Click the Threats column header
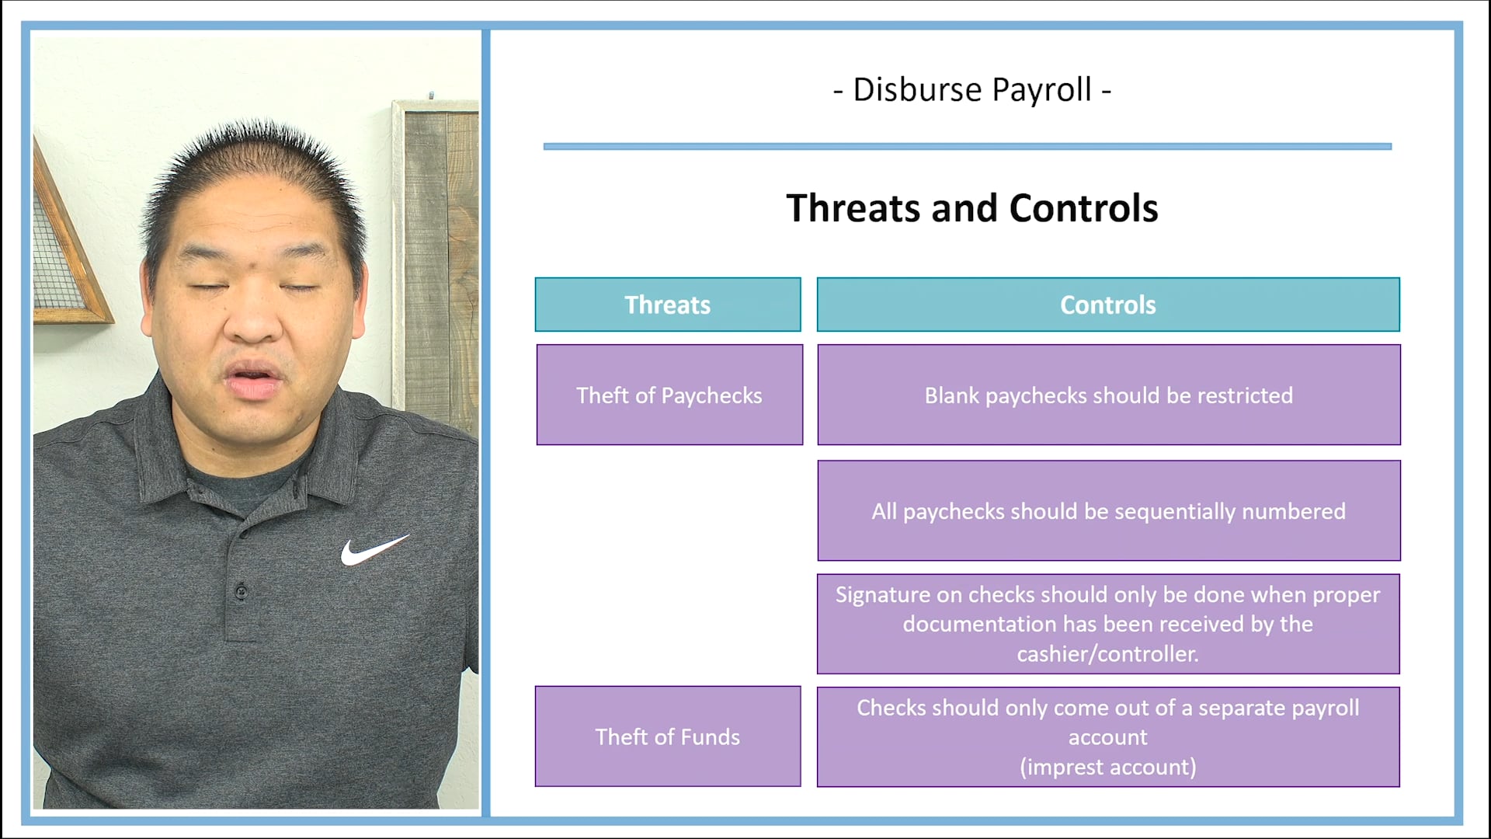pyautogui.click(x=668, y=305)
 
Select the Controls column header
pyautogui.click(x=1108, y=305)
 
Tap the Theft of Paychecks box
pyautogui.click(x=669, y=395)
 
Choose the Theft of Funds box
pyautogui.click(x=668, y=736)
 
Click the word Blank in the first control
pyautogui.click(x=951, y=395)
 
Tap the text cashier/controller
pyautogui.click(x=1108, y=654)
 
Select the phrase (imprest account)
pyautogui.click(x=1108, y=767)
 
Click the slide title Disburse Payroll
pyautogui.click(x=972, y=89)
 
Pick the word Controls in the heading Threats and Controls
pyautogui.click(x=1083, y=208)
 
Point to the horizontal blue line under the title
pyautogui.click(x=967, y=146)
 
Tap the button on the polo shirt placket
pyautogui.click(x=242, y=592)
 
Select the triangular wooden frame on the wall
pyautogui.click(x=66, y=249)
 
